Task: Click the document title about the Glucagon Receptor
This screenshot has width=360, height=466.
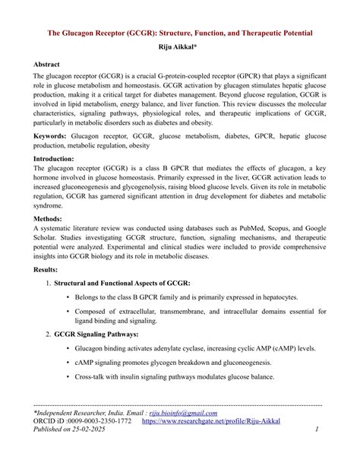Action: click(180, 34)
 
